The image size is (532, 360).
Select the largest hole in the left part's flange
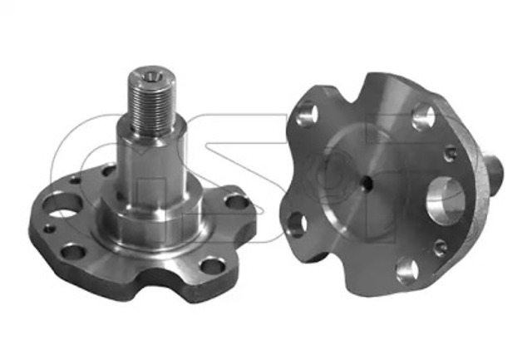[x=63, y=205]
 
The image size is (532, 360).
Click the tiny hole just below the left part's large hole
[x=50, y=229]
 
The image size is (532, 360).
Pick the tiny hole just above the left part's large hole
[x=75, y=180]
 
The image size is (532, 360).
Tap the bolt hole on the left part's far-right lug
[x=237, y=202]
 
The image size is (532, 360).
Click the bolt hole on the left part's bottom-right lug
[x=213, y=266]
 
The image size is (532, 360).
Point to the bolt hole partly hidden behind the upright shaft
[x=109, y=170]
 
